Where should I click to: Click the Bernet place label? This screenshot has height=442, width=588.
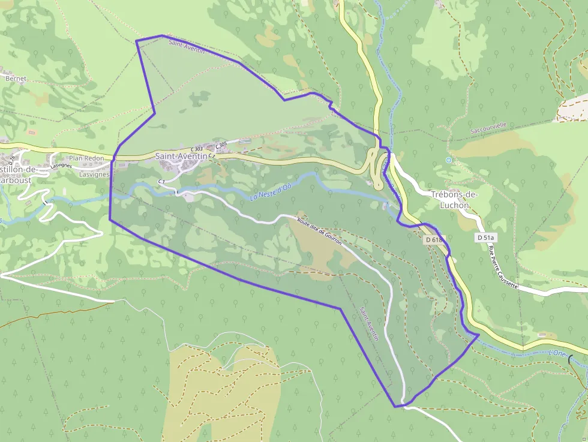click(x=16, y=78)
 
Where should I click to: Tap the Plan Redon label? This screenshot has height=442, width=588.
click(x=86, y=158)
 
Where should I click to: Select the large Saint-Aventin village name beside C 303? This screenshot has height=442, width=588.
click(x=181, y=156)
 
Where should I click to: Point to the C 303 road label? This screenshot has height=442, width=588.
click(x=196, y=149)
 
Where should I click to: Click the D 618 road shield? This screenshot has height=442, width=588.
click(x=433, y=240)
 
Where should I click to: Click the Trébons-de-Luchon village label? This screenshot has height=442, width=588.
click(x=454, y=199)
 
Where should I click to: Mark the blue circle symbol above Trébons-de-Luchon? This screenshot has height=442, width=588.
click(x=448, y=160)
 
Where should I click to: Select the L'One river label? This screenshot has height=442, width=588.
click(x=557, y=354)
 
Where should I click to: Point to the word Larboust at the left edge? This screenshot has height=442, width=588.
click(x=14, y=179)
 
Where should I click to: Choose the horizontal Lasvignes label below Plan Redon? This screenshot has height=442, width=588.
click(x=95, y=175)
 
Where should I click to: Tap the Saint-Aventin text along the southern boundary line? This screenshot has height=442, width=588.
click(x=369, y=324)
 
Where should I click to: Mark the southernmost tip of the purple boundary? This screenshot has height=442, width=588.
click(x=395, y=407)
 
